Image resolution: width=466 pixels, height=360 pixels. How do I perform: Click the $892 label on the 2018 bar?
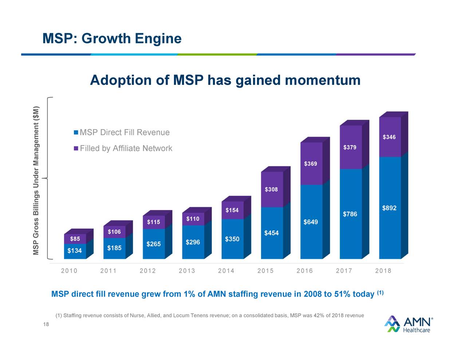(x=389, y=208)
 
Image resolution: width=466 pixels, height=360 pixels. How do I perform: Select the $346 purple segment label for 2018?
(x=389, y=137)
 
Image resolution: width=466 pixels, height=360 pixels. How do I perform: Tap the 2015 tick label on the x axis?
(x=265, y=271)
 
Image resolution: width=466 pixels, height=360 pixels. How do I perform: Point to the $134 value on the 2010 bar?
(x=75, y=251)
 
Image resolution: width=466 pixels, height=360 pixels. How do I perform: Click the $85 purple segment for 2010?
(x=75, y=239)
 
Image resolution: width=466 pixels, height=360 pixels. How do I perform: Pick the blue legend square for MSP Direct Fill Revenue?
(x=76, y=132)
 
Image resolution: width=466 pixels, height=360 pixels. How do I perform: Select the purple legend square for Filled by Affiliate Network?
(x=76, y=149)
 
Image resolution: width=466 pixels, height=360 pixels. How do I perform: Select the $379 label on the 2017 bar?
(x=350, y=147)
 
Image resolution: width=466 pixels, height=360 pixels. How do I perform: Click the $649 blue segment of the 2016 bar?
(x=311, y=222)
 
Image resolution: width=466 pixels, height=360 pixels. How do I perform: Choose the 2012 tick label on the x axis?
(x=147, y=271)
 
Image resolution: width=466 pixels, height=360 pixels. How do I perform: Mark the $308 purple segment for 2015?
(x=271, y=189)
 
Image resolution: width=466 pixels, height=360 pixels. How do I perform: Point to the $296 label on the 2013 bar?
(x=193, y=242)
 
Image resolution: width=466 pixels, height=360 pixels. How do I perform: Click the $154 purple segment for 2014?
(x=232, y=210)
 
